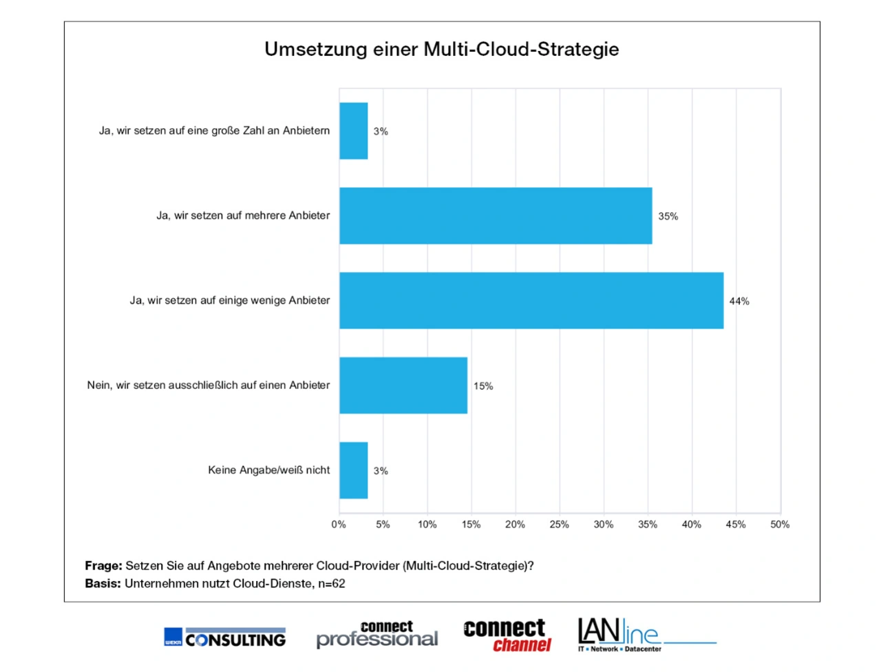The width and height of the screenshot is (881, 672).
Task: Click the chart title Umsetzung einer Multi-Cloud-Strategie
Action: click(x=441, y=50)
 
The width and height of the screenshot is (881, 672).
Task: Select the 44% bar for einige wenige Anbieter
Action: click(x=531, y=301)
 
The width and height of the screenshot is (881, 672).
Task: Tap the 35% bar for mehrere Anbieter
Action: click(x=495, y=216)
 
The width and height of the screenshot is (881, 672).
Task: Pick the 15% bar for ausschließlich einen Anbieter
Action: click(x=403, y=386)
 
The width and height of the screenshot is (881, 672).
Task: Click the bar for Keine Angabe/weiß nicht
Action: click(x=353, y=470)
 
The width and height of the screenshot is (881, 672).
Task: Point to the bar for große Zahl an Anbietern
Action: click(x=353, y=131)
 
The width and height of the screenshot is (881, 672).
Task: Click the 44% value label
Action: click(x=739, y=302)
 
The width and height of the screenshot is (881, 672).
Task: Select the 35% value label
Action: click(x=668, y=216)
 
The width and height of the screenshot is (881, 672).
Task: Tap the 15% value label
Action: click(x=483, y=386)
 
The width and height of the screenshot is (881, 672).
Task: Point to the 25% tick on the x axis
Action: click(x=559, y=525)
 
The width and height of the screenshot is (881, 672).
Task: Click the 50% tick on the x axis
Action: click(x=780, y=525)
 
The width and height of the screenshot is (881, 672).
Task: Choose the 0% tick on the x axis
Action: click(x=339, y=525)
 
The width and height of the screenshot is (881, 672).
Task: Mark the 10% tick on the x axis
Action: click(x=427, y=525)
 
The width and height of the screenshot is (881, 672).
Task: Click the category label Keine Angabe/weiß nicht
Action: click(x=268, y=470)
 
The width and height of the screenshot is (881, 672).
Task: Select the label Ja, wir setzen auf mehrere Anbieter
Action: click(x=243, y=216)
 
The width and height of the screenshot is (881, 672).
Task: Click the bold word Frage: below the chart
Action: click(x=103, y=566)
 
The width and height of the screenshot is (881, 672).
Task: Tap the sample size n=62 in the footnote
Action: click(x=331, y=584)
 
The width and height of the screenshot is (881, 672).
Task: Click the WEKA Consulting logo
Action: click(x=224, y=638)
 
